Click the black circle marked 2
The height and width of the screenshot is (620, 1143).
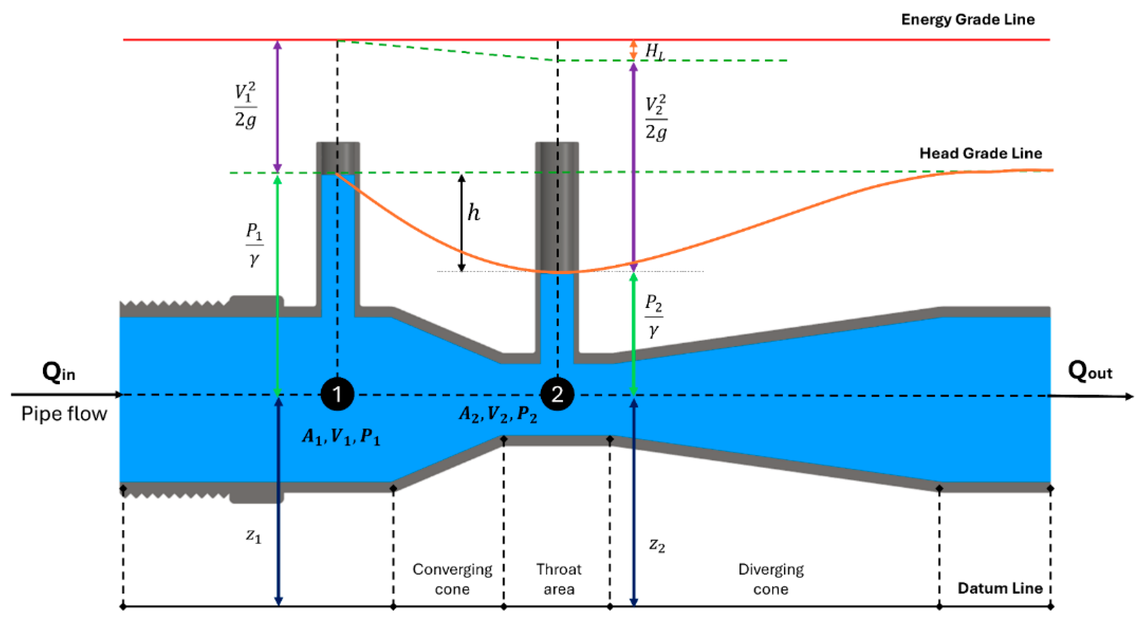click(557, 394)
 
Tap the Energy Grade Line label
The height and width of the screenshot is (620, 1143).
click(968, 19)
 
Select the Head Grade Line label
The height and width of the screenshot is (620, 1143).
click(980, 153)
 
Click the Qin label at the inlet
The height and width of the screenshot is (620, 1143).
click(59, 372)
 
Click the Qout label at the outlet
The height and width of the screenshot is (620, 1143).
click(1089, 371)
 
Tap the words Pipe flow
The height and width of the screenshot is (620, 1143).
click(64, 414)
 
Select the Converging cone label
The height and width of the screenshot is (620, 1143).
click(452, 579)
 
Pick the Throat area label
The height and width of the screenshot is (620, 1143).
click(558, 579)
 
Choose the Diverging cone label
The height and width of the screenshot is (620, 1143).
click(771, 579)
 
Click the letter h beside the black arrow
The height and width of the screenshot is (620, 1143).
click(473, 213)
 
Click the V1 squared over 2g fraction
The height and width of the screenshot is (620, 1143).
click(245, 106)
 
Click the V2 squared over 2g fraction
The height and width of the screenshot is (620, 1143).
click(656, 118)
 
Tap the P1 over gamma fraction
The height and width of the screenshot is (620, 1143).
click(254, 244)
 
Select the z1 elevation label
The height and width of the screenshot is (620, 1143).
click(254, 536)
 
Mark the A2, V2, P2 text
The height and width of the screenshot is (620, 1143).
click(498, 414)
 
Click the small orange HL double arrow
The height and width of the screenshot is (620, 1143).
click(634, 50)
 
